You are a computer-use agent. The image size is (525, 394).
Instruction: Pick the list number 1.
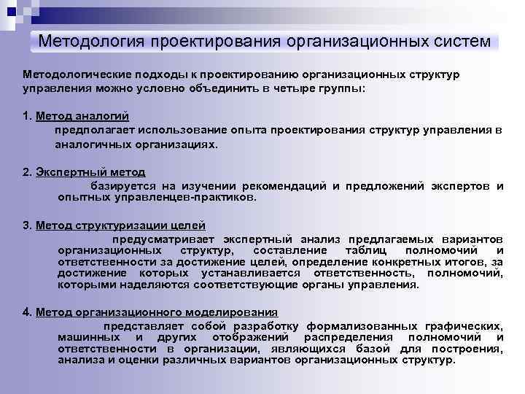[26, 116]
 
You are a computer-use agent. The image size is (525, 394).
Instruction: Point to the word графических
[465, 326]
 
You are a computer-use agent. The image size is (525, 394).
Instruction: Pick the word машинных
[87, 337]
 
